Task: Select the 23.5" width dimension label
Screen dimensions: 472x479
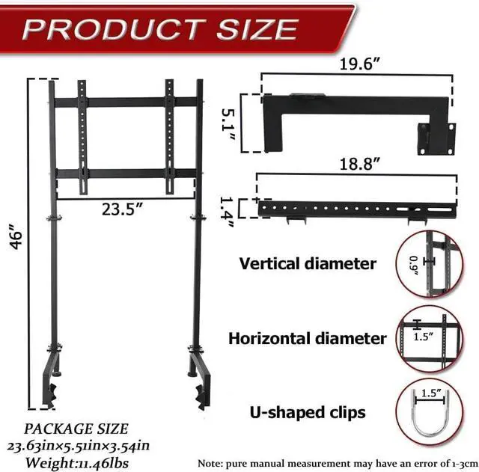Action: [123, 210]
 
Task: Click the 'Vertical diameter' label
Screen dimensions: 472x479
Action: [308, 263]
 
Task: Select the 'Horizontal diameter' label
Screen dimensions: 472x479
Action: [308, 338]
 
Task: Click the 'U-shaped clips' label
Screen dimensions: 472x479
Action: [308, 412]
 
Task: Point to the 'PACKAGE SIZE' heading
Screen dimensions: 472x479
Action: [76, 429]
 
